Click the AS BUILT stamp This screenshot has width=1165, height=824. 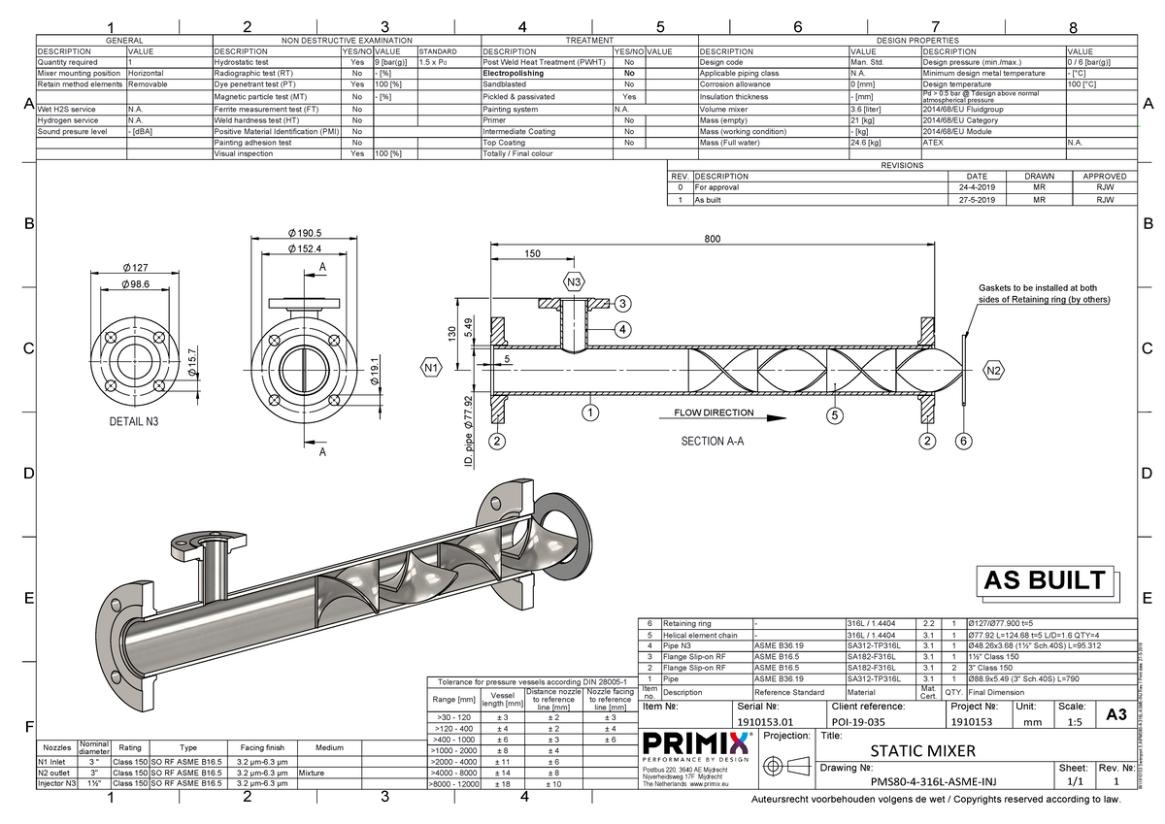(x=1044, y=580)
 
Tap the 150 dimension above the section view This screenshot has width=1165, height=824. (x=532, y=254)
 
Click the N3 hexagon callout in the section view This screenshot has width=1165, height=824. (x=574, y=282)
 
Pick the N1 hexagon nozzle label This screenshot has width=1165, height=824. (x=432, y=368)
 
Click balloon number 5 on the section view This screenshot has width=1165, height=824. (x=835, y=415)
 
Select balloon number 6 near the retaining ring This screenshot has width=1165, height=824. (x=963, y=441)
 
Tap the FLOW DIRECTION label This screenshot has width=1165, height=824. (x=714, y=412)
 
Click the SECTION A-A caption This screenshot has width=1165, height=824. (x=712, y=440)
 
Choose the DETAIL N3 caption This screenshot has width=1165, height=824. (x=135, y=423)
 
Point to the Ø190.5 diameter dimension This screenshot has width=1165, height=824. (x=304, y=233)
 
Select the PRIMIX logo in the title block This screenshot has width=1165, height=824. (x=695, y=744)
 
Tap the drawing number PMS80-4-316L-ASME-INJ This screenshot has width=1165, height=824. (x=932, y=780)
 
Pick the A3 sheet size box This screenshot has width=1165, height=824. (x=1115, y=715)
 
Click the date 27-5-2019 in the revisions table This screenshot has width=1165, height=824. (x=977, y=199)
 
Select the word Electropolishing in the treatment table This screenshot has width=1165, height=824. (x=518, y=73)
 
